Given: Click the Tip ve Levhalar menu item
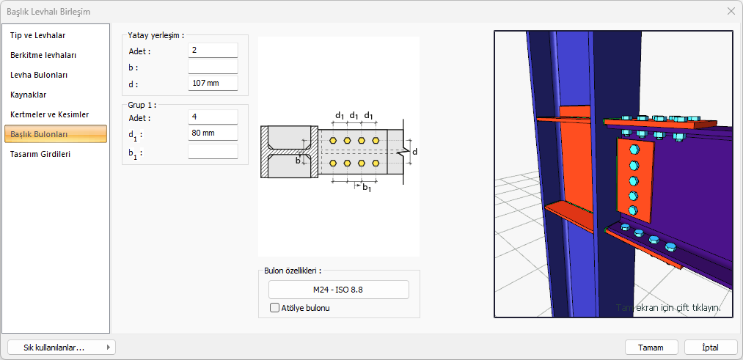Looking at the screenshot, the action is [x=38, y=35].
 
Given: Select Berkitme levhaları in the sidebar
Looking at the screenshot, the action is [x=43, y=55].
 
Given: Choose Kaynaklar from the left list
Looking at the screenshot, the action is [x=29, y=95].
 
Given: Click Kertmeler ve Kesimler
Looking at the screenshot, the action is [x=49, y=114].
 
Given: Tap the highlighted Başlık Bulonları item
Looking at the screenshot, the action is [x=56, y=134].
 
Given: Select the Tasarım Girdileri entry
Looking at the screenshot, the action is [x=40, y=154].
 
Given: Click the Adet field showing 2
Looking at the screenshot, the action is [x=213, y=50].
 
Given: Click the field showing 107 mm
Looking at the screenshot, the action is [x=213, y=84].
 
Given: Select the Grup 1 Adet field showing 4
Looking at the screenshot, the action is [x=213, y=117].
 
